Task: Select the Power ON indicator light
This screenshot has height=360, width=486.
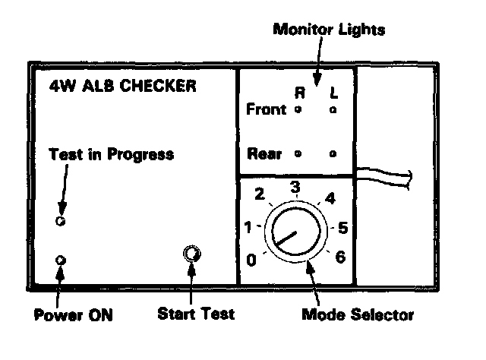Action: coord(62,261)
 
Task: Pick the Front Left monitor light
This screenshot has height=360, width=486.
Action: coord(333,111)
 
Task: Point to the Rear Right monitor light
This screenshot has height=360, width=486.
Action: coord(298,153)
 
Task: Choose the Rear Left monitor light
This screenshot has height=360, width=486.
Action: coord(333,153)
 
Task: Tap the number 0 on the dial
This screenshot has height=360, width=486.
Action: coord(251,261)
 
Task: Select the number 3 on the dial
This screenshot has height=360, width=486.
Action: coord(295,186)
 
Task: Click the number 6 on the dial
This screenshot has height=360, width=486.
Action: coord(340,257)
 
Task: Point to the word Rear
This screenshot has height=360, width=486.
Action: coord(265,153)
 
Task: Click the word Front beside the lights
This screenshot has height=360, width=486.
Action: coord(267,110)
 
